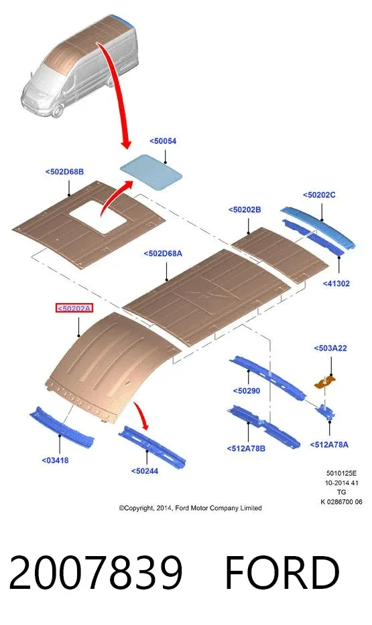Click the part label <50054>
(163, 141)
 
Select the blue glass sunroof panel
(151, 171)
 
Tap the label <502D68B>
(64, 172)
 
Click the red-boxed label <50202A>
(74, 308)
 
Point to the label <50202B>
(245, 209)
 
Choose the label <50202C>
(319, 195)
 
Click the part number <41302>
(336, 284)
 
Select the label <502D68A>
(163, 254)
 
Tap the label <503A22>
(330, 349)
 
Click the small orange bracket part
(325, 382)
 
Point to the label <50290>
(246, 391)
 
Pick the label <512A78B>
(246, 448)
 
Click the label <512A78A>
(329, 445)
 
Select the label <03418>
(55, 460)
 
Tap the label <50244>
(145, 471)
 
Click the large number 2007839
(96, 572)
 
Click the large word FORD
(282, 572)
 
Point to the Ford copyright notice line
(190, 508)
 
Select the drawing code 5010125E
(341, 474)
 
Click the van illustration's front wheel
(58, 110)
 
